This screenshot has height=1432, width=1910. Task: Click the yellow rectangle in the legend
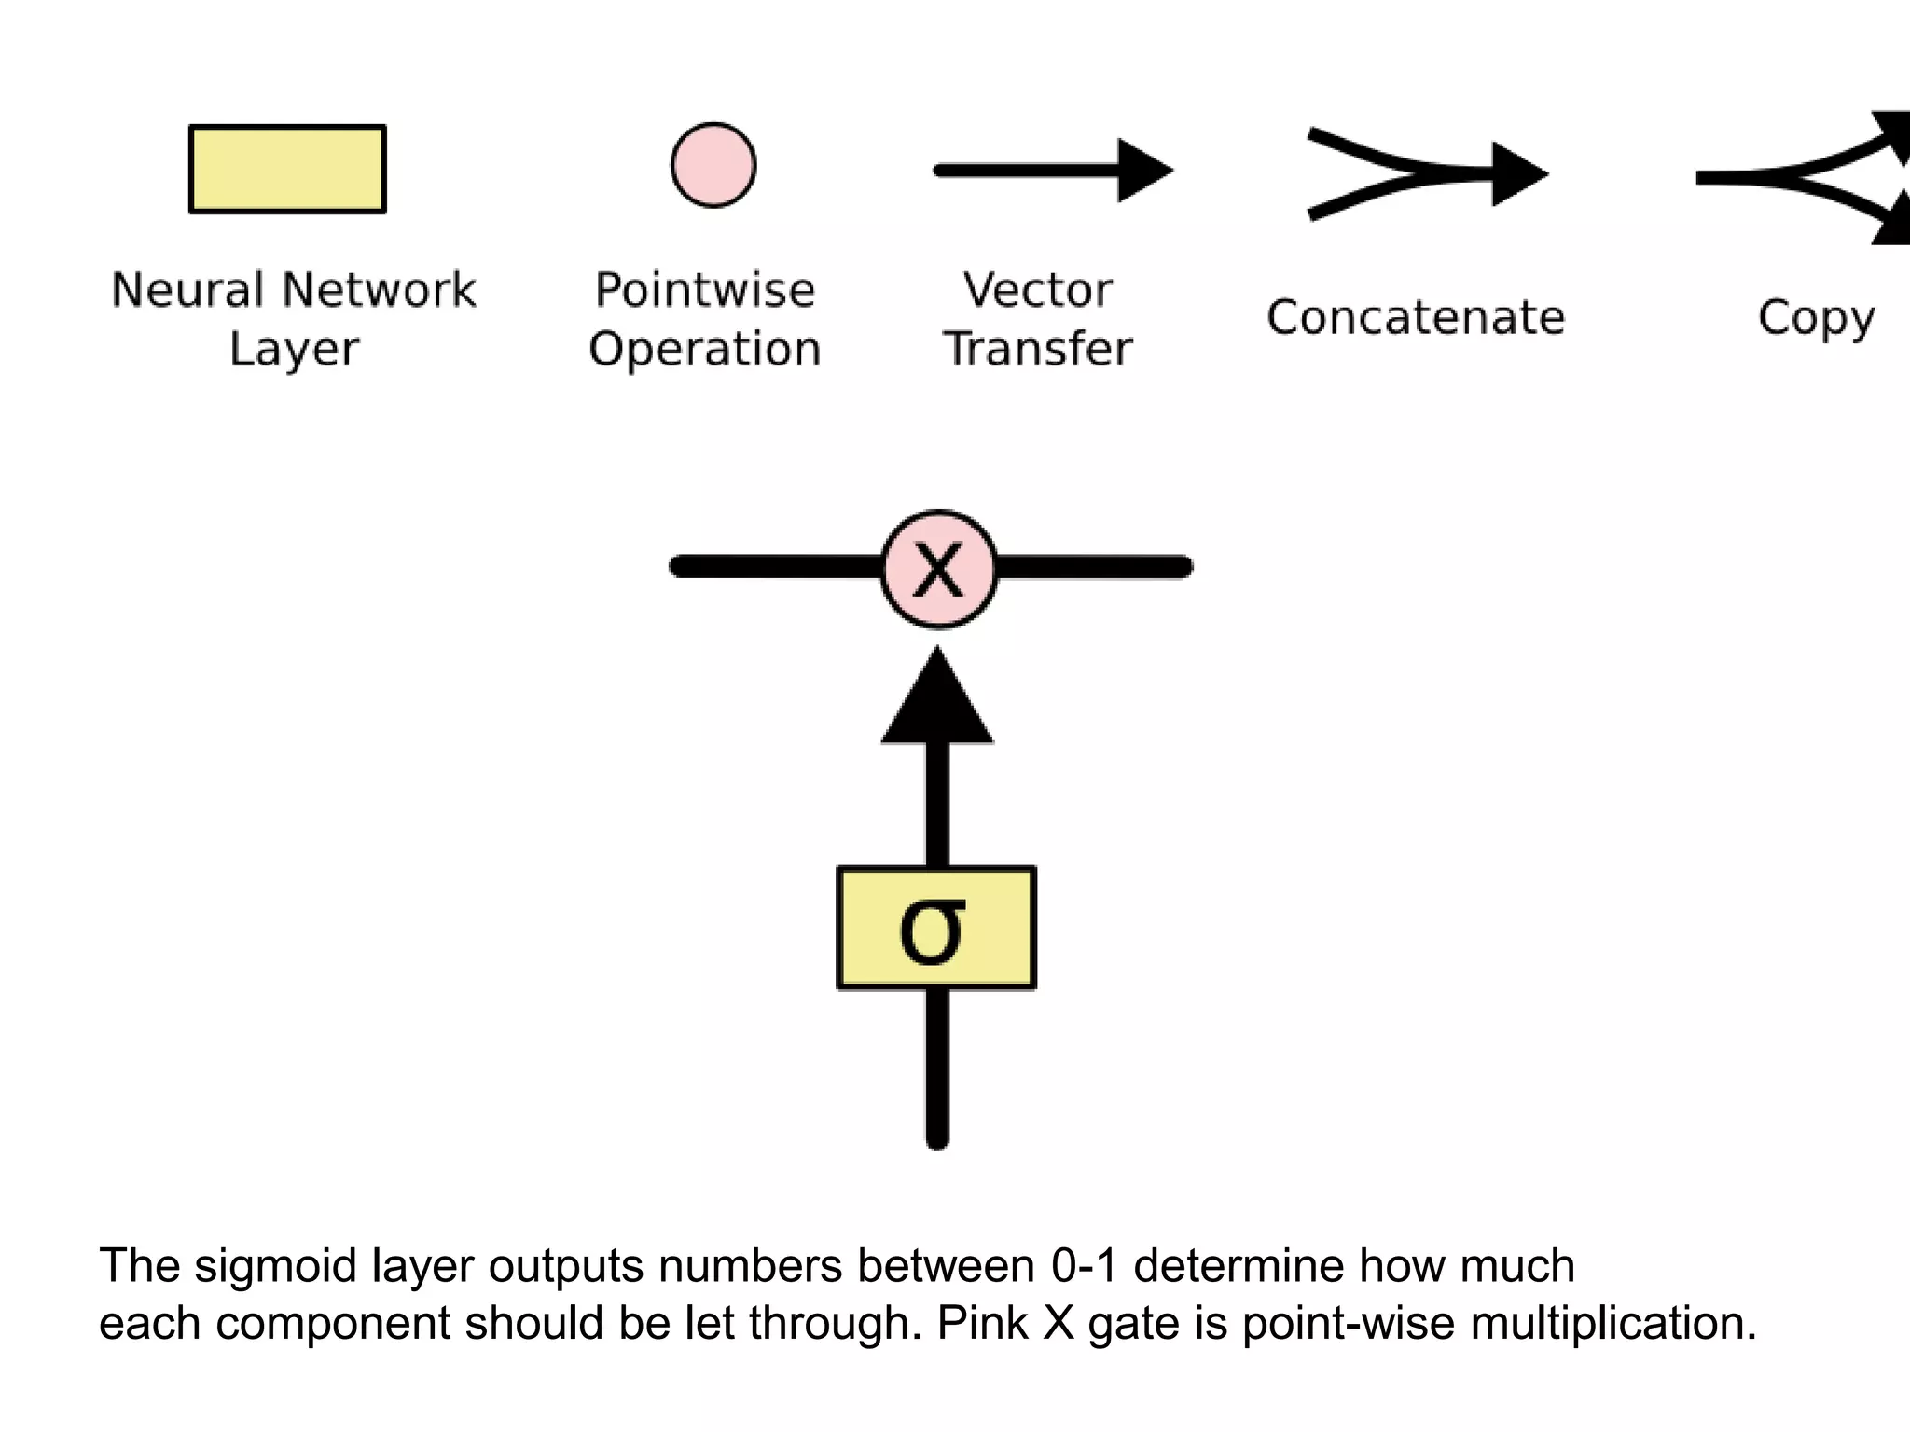pos(287,169)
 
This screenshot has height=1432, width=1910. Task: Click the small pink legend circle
pos(713,165)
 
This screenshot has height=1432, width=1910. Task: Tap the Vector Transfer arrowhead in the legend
pos(1143,171)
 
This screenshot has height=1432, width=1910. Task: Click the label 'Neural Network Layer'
pos(293,318)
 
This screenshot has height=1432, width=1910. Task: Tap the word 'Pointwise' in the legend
pos(705,290)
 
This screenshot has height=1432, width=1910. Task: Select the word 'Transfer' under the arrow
pos(1038,349)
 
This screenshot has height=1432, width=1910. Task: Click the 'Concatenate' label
pos(1415,318)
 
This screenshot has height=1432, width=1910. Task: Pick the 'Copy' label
pos(1816,318)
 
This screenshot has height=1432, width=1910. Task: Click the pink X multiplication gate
pos(938,569)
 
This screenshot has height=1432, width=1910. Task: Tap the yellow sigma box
pos(936,928)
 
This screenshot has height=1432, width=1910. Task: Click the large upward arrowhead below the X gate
pos(937,704)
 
